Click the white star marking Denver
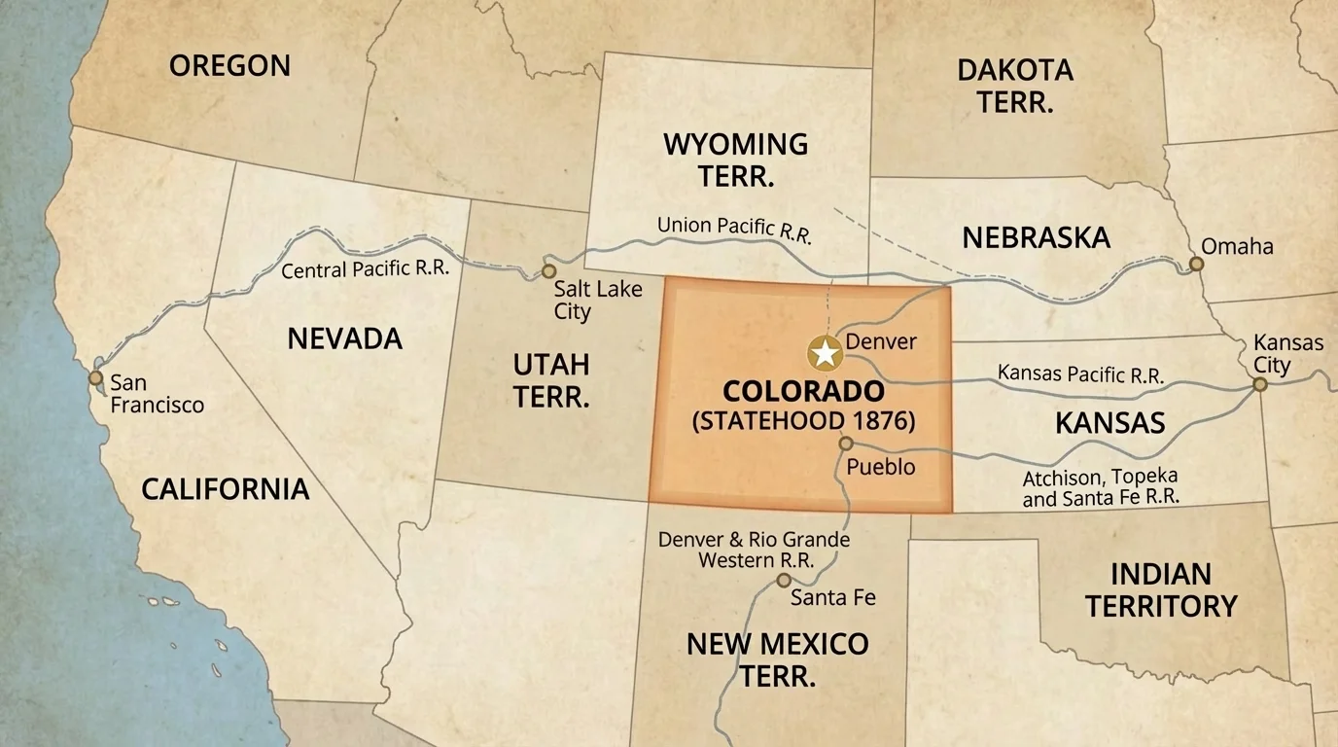click(x=825, y=353)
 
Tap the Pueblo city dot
click(x=846, y=444)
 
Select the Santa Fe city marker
click(x=784, y=581)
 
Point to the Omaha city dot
click(x=1196, y=264)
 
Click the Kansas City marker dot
click(x=1259, y=384)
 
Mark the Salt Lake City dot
click(x=548, y=271)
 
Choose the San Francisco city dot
click(x=95, y=377)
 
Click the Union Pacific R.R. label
click(x=734, y=229)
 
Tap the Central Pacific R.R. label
click(x=365, y=268)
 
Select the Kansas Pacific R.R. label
click(x=1080, y=374)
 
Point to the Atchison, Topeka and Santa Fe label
click(x=1100, y=487)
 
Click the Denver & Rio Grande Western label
click(x=754, y=550)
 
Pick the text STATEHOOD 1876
click(x=803, y=422)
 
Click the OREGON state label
click(x=229, y=65)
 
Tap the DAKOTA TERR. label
click(x=1014, y=86)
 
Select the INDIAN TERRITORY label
click(x=1161, y=589)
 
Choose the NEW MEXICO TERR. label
click(x=777, y=658)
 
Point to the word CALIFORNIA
click(x=226, y=488)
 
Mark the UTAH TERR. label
click(x=551, y=380)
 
